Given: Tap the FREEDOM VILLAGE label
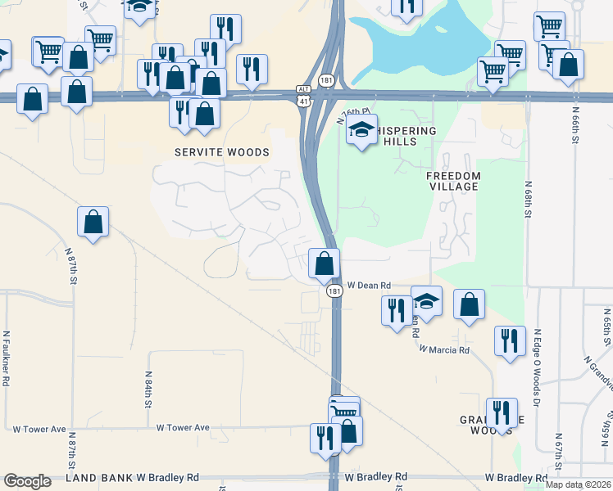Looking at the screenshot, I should (453, 181).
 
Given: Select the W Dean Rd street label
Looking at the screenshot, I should (369, 286).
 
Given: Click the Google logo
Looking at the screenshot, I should (27, 481).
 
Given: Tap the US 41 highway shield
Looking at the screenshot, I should (304, 101).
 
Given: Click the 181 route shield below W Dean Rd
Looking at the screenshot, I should (334, 291).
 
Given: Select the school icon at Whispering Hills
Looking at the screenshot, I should (361, 129).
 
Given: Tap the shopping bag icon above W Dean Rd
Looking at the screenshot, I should (325, 264).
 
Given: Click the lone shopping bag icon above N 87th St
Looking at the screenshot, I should (93, 221).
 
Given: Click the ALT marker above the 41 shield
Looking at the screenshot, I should (304, 88).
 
